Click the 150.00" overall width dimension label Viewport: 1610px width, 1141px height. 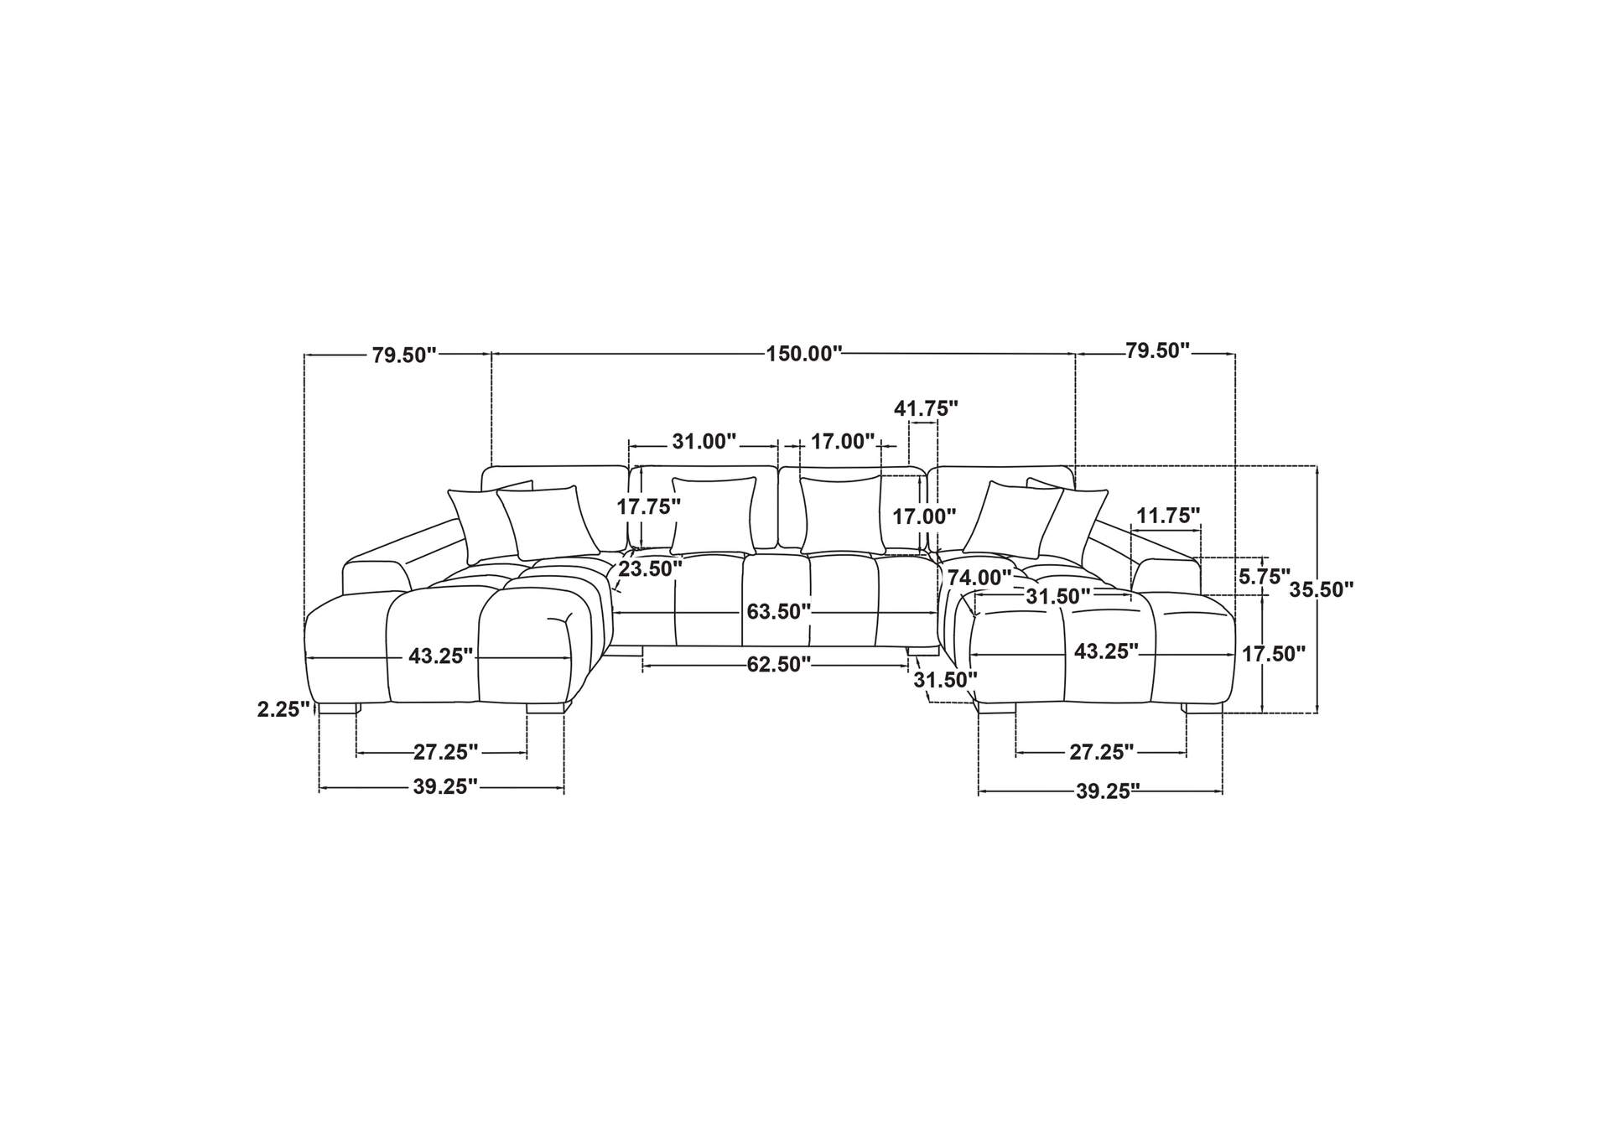pos(803,354)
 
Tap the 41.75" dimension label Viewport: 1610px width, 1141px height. pos(926,408)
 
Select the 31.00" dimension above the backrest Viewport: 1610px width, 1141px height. pos(704,441)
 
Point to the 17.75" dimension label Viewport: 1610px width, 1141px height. pos(648,506)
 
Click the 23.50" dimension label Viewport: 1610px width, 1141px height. pos(650,569)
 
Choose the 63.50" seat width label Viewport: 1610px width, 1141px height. pos(779,611)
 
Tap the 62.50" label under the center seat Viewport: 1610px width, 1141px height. pos(779,665)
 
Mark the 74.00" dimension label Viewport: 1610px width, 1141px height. pos(979,578)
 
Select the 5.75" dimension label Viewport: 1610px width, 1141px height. pos(1265,576)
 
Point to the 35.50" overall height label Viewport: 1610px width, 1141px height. pos(1322,589)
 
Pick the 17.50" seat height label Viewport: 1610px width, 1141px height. pos(1274,654)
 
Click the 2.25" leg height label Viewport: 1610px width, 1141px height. pos(283,709)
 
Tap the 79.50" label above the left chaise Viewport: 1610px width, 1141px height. pos(404,355)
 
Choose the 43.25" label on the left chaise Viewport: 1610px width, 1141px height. pos(440,656)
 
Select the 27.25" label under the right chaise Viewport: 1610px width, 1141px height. pos(1101,752)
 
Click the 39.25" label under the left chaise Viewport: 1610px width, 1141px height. pos(444,786)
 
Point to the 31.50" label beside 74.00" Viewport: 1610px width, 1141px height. pos(1057,596)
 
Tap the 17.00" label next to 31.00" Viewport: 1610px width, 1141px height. pos(843,441)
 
